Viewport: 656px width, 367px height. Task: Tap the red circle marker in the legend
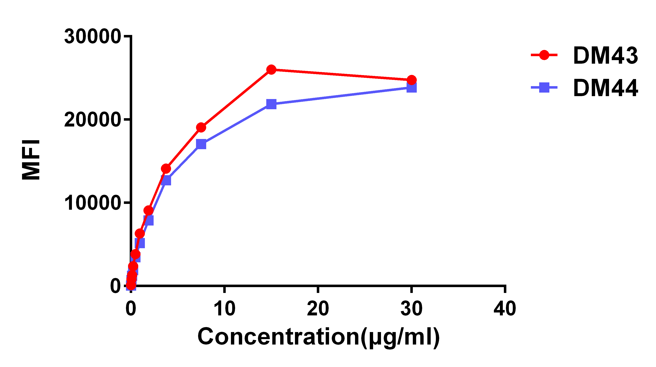pyautogui.click(x=544, y=55)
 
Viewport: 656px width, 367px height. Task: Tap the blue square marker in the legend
pyautogui.click(x=544, y=87)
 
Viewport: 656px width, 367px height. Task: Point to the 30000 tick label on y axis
pyautogui.click(x=92, y=36)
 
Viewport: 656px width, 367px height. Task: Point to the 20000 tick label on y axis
pyautogui.click(x=92, y=120)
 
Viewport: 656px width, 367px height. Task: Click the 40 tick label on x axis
pyautogui.click(x=505, y=309)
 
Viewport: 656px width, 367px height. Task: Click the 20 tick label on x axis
pyautogui.click(x=318, y=309)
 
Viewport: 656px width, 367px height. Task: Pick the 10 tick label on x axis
pyautogui.click(x=224, y=309)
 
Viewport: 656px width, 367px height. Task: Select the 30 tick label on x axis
pyautogui.click(x=411, y=309)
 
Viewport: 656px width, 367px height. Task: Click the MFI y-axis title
pyautogui.click(x=31, y=160)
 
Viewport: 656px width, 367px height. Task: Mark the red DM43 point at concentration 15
pyautogui.click(x=271, y=69)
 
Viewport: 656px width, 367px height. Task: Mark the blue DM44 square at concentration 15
pyautogui.click(x=271, y=104)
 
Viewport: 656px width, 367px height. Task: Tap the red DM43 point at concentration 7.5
pyautogui.click(x=201, y=127)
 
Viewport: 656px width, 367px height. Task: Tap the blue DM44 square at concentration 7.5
pyautogui.click(x=201, y=144)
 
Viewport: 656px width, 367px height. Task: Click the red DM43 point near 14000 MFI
pyautogui.click(x=166, y=169)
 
